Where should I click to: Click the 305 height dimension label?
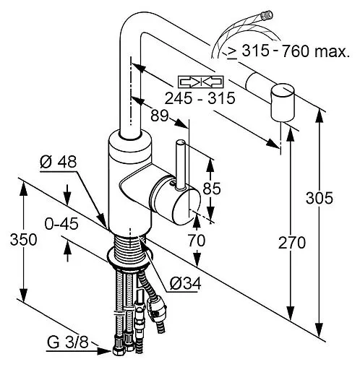(319, 198)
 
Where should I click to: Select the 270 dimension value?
(292, 243)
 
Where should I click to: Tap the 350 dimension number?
(23, 240)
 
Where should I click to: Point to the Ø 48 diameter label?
(59, 162)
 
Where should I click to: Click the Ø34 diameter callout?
(185, 283)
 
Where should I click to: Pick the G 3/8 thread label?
(68, 342)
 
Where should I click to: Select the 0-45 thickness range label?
(61, 224)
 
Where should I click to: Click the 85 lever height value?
(212, 189)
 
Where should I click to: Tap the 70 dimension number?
(197, 241)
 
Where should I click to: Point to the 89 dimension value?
(159, 116)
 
